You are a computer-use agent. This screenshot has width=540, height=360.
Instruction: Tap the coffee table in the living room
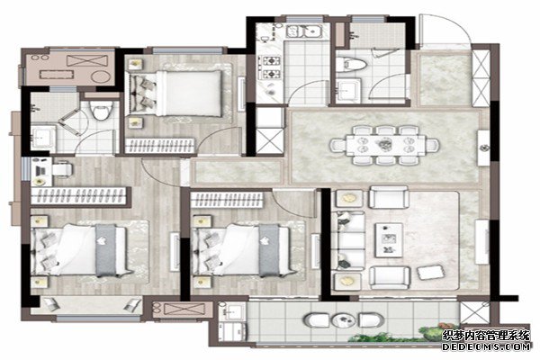tap(389, 239)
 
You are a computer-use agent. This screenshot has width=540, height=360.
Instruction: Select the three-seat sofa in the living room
tap(348, 239)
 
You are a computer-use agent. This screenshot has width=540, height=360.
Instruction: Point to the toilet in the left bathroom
tap(101, 110)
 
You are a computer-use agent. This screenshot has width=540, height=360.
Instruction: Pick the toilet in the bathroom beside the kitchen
tap(351, 65)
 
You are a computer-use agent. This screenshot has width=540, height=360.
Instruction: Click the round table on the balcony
tap(343, 320)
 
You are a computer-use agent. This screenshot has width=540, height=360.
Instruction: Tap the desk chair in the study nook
tap(63, 169)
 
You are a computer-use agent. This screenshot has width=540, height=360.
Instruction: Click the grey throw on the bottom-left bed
tap(105, 250)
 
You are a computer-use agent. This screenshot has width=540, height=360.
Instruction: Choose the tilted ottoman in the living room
tap(430, 272)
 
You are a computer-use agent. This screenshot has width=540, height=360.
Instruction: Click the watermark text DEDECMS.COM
tap(486, 346)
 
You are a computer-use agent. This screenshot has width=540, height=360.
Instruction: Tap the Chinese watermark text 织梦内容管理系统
tap(486, 335)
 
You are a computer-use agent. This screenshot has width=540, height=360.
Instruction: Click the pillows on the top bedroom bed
tap(146, 93)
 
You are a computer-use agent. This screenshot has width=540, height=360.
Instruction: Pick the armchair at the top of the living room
tap(389, 198)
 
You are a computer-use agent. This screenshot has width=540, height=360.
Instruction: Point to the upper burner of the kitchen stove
tap(272, 61)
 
